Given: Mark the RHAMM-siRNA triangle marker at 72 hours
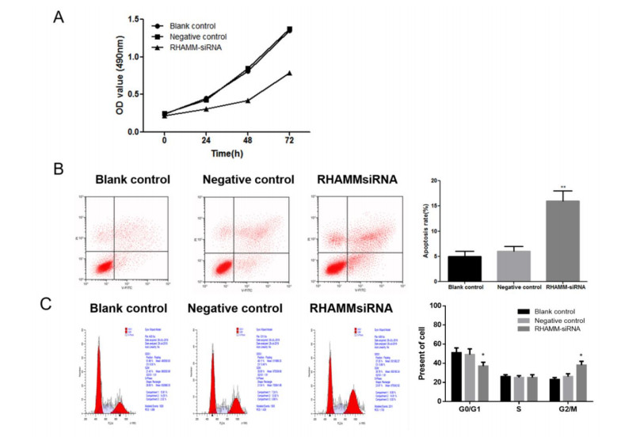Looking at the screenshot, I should [x=289, y=73].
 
